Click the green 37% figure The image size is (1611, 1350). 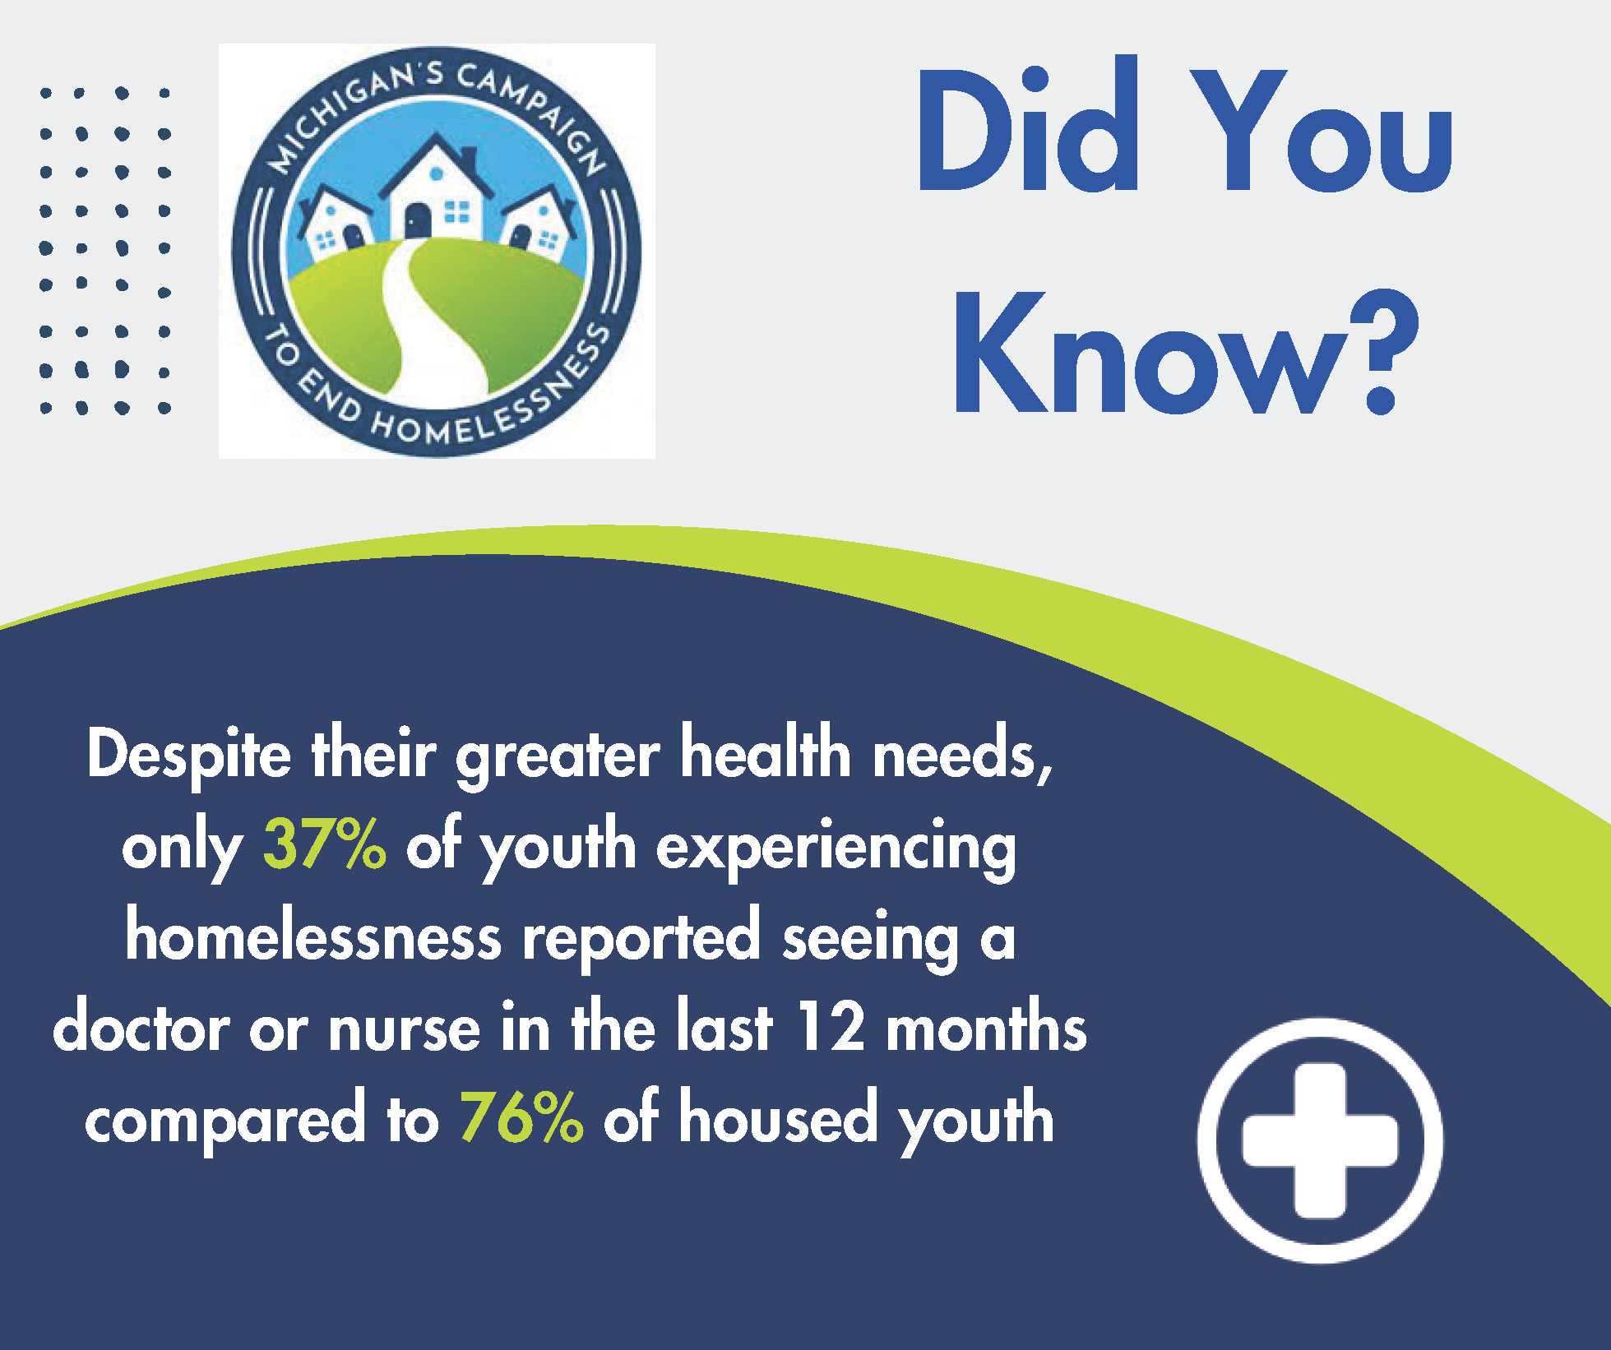click(324, 844)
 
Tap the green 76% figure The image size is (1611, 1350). click(521, 1117)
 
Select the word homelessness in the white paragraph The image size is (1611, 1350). click(312, 937)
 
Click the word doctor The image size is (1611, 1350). click(141, 1028)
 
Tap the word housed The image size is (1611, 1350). click(778, 1117)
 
